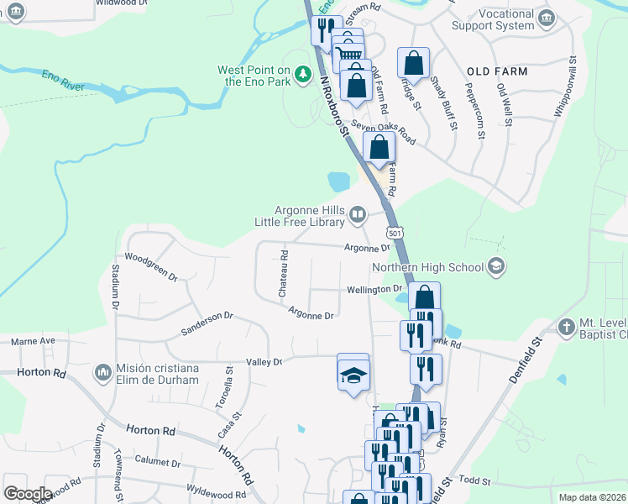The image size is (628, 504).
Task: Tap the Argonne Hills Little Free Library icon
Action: click(358, 216)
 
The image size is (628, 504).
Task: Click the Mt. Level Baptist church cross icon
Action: click(567, 327)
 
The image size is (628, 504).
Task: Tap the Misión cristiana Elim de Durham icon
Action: click(103, 371)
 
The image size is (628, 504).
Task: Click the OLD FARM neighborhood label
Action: click(497, 71)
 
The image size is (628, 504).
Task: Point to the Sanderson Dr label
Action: click(207, 323)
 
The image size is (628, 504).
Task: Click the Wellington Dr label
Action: click(374, 290)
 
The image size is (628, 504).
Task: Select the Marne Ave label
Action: click(33, 341)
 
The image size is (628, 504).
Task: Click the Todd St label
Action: click(474, 480)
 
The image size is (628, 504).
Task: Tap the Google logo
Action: click(28, 494)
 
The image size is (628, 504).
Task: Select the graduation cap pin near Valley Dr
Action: click(353, 373)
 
